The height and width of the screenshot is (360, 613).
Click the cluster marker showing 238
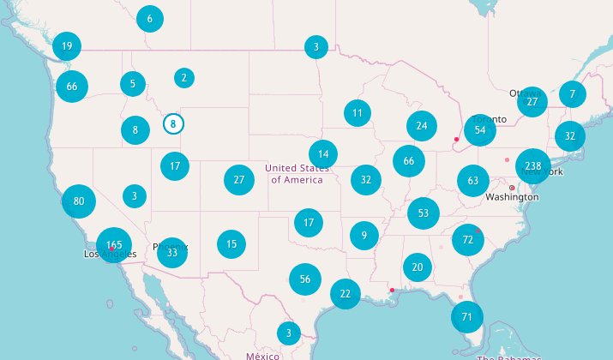(x=534, y=165)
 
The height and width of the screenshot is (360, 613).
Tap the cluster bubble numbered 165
(x=114, y=245)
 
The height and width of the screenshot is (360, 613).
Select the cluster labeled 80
(x=79, y=201)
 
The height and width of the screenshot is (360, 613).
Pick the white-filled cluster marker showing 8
(x=173, y=124)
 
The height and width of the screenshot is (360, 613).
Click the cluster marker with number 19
(x=67, y=46)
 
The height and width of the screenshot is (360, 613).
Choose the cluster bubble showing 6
(x=150, y=19)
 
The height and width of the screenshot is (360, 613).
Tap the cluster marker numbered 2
(x=183, y=78)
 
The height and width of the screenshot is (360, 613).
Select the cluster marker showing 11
(x=358, y=112)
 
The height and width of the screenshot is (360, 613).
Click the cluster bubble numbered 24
(x=422, y=126)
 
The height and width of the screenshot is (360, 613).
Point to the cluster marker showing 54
(x=480, y=130)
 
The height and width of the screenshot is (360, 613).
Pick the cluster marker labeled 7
(x=573, y=93)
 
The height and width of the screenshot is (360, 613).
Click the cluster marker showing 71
(x=467, y=317)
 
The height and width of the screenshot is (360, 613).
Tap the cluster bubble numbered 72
(x=468, y=239)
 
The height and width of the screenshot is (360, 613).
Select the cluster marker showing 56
(x=305, y=279)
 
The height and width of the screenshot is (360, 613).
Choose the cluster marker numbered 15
(x=231, y=244)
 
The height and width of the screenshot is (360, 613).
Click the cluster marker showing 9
(x=364, y=235)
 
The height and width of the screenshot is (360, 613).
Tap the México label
(x=262, y=355)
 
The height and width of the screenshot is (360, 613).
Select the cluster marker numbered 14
(x=323, y=154)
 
